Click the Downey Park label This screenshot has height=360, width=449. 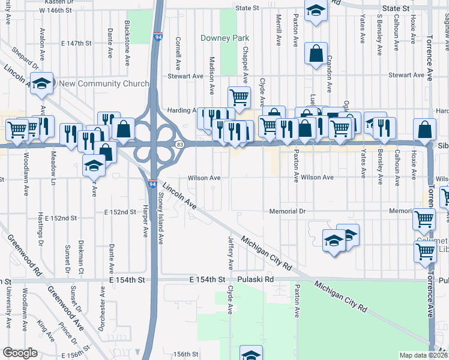(224, 38)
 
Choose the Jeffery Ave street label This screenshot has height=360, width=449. (231, 253)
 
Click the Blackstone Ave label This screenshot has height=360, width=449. (127, 36)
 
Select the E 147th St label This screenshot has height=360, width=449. (76, 44)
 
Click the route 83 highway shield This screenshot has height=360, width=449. (180, 145)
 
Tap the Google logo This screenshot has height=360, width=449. (20, 353)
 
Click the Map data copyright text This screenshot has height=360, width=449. (423, 355)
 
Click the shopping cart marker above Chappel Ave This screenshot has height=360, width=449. (239, 96)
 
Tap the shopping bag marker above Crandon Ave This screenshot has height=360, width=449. (315, 54)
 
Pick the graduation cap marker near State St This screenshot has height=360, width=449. (315, 10)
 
